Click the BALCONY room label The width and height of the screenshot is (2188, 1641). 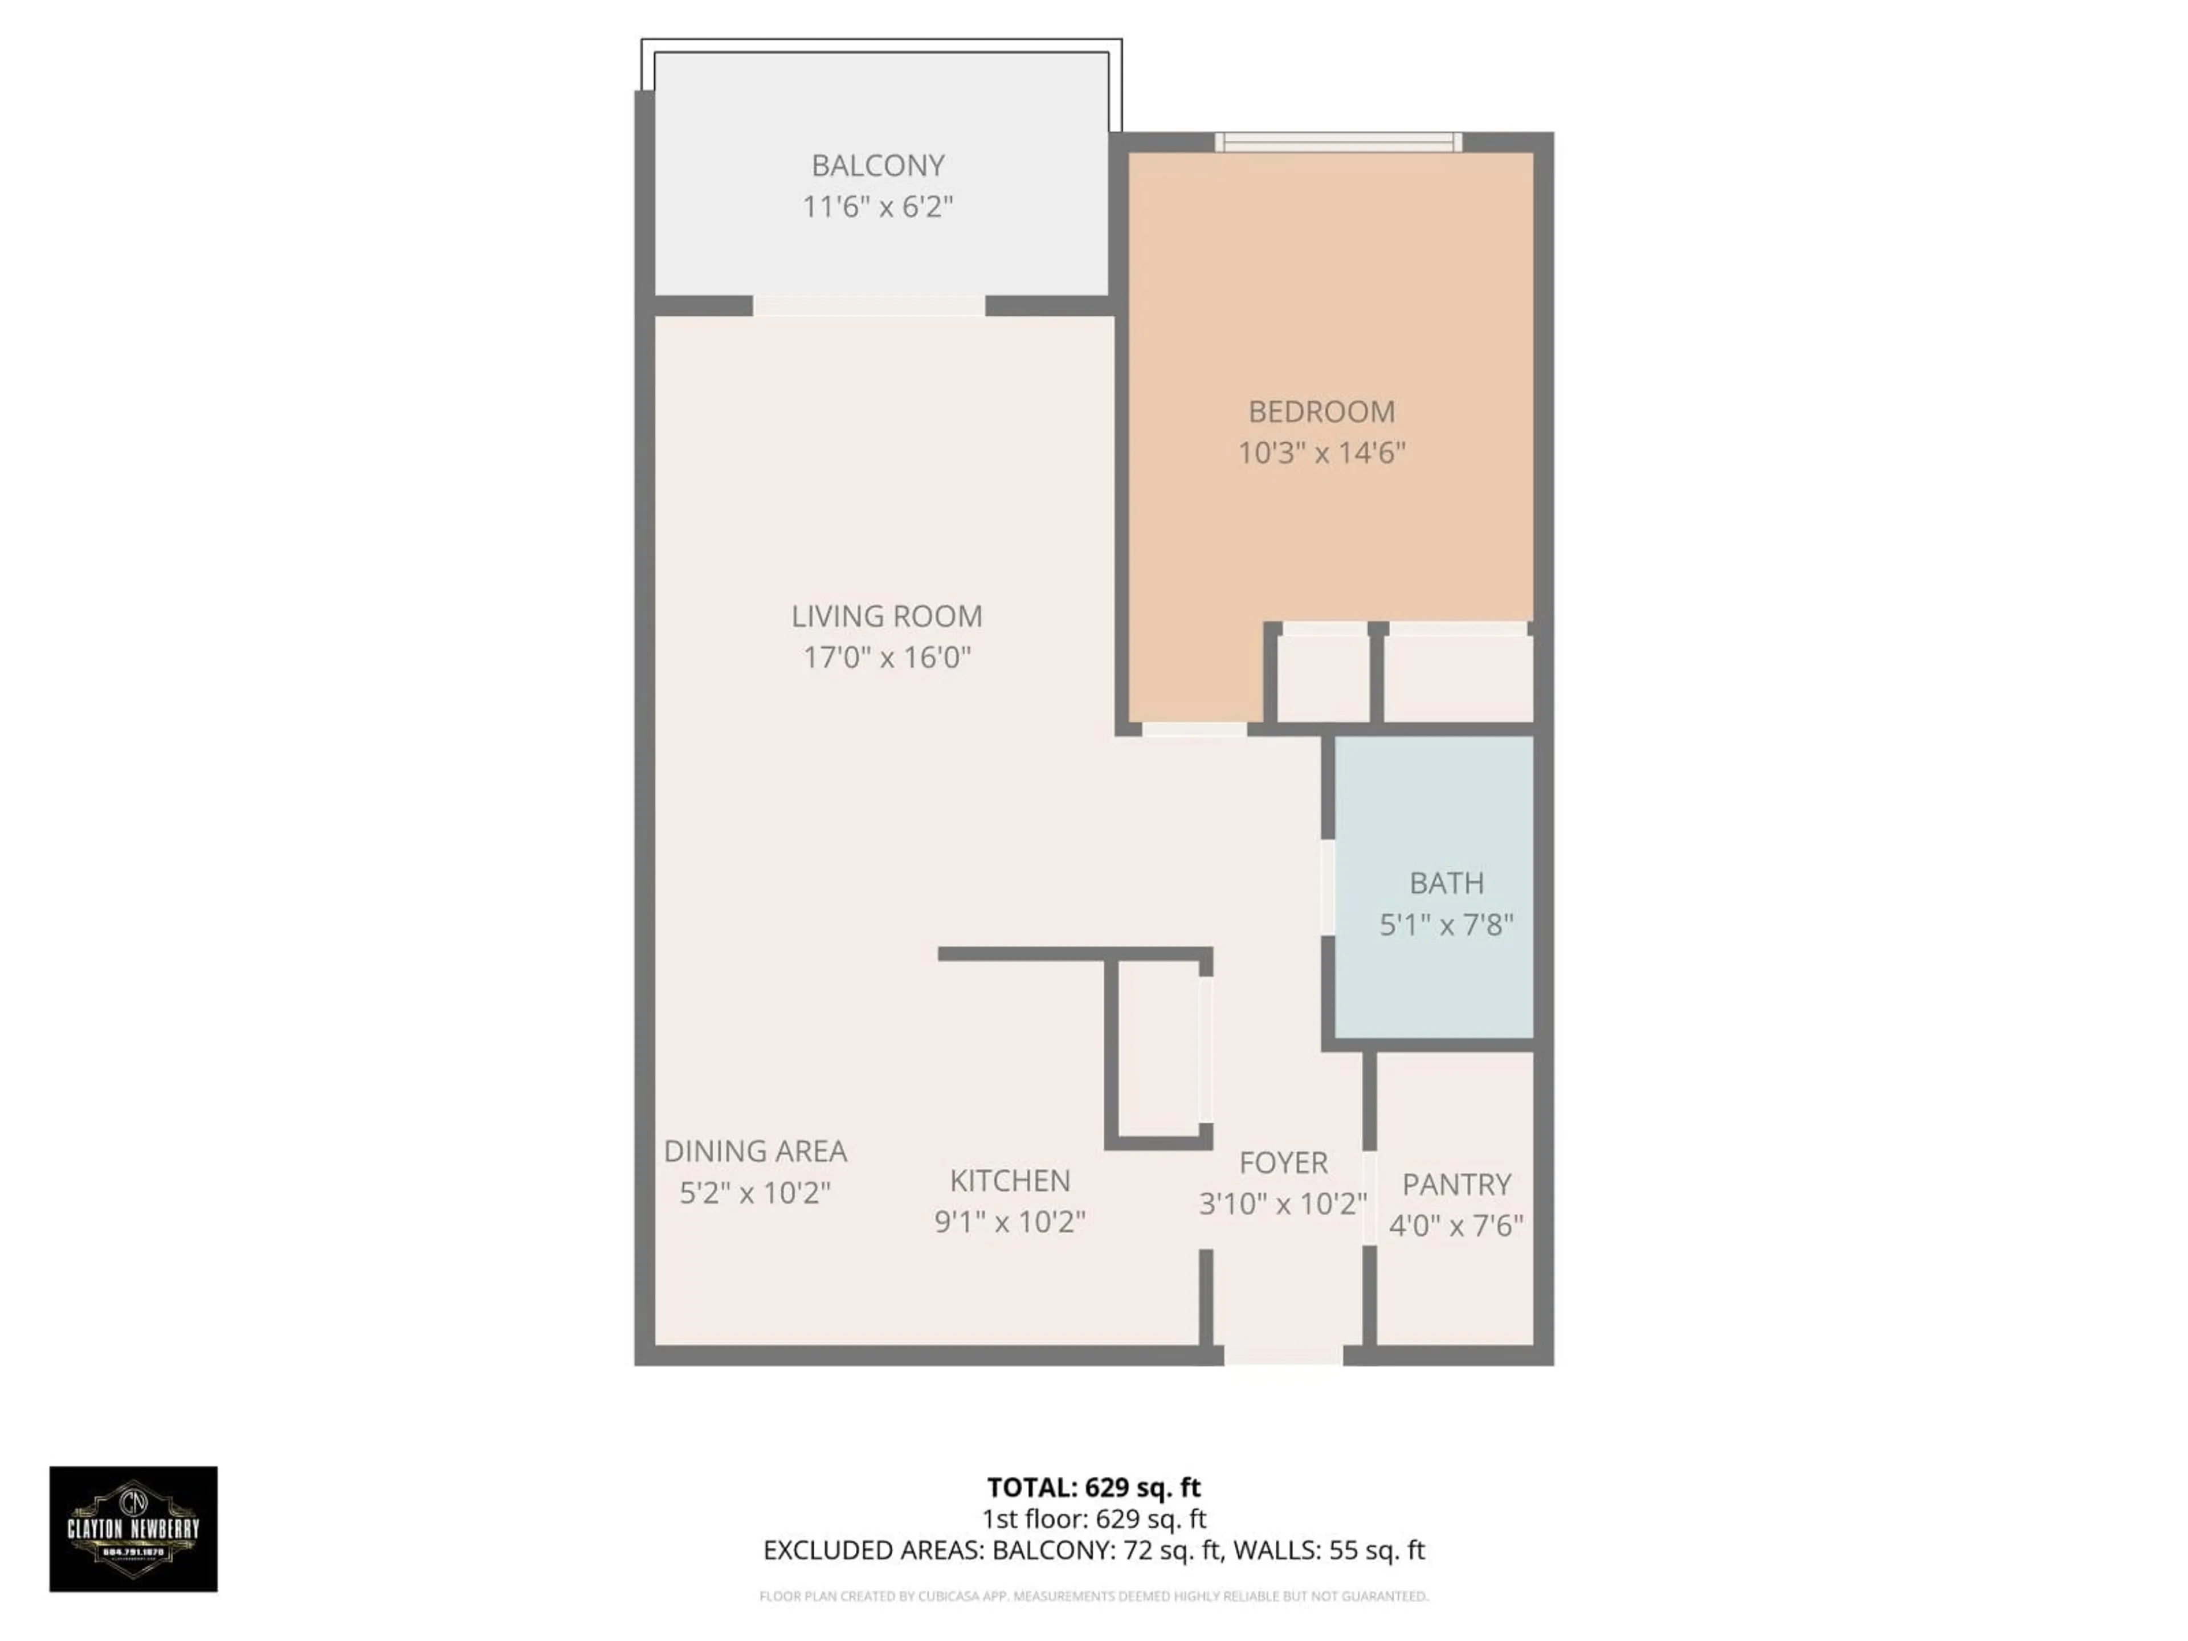(x=877, y=165)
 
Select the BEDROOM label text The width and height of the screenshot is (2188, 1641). (x=1321, y=411)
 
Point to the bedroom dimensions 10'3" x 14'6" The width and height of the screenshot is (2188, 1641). (x=1321, y=453)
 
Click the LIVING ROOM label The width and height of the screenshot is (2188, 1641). (x=886, y=617)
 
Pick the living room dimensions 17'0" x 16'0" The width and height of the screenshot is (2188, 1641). (x=886, y=658)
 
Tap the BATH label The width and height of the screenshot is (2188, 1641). (x=1446, y=882)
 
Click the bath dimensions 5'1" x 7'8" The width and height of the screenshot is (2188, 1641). (x=1446, y=925)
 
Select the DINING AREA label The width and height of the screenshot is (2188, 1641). (x=755, y=1152)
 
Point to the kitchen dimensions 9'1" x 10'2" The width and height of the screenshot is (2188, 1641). (x=1009, y=1223)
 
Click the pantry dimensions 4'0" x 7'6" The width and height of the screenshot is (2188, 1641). (x=1456, y=1227)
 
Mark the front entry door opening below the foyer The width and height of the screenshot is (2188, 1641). (x=1283, y=1355)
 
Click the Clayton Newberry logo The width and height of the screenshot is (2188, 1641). (x=133, y=1528)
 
